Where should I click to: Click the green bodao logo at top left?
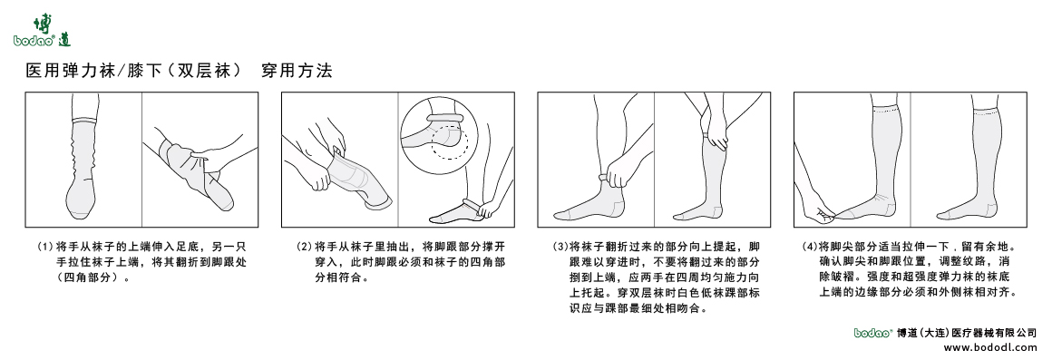[42, 30]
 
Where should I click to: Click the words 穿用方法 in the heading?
[297, 72]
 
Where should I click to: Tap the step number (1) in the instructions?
[45, 246]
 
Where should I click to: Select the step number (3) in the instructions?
[560, 246]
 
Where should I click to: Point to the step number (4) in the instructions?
[809, 246]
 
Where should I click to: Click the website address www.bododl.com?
[989, 347]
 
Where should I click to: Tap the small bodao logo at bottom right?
[873, 332]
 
